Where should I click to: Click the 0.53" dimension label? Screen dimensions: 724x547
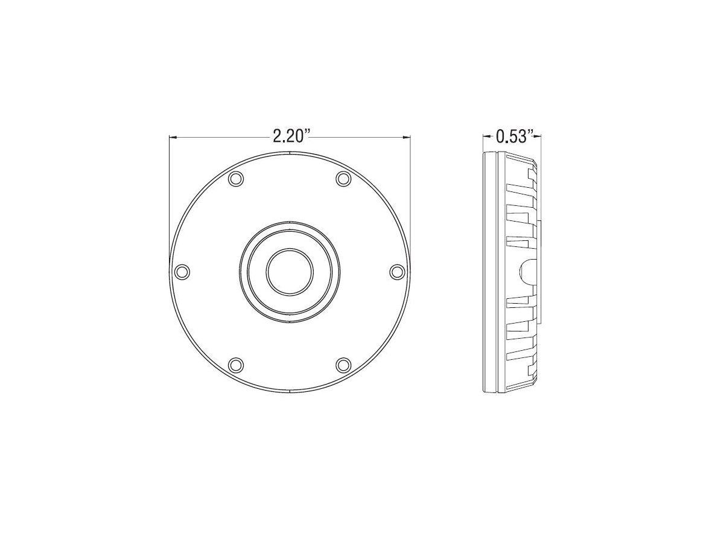click(515, 136)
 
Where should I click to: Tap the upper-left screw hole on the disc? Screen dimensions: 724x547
click(236, 179)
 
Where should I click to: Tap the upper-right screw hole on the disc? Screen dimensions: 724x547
click(343, 179)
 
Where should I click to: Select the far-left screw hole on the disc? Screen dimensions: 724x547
click(182, 272)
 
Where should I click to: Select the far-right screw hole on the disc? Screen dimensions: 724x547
click(398, 272)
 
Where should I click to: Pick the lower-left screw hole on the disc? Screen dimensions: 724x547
click(236, 365)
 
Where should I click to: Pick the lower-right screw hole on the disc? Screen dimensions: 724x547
click(343, 365)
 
